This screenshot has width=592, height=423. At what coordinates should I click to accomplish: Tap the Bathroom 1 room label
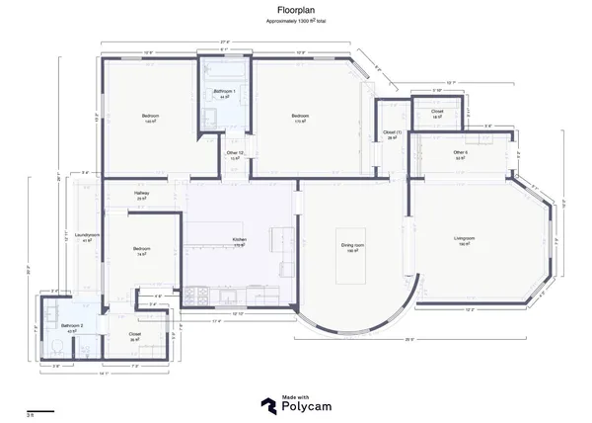pos(224,91)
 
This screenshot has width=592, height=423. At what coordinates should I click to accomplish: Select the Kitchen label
pos(239,240)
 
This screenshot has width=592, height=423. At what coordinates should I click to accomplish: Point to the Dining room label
pos(352,244)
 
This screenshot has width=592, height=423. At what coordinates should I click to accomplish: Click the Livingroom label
pos(465,239)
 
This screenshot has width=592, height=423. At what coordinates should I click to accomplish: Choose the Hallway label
pos(141,196)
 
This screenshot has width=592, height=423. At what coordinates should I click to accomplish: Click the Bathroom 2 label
pos(72,325)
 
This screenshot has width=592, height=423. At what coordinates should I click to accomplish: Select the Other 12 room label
pos(235,153)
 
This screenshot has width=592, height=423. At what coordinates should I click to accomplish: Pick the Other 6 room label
pos(461,152)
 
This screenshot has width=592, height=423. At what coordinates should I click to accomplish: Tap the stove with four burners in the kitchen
pos(195,294)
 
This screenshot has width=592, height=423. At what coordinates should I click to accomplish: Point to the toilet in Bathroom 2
pos(59,346)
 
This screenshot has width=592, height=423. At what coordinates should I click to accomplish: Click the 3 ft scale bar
pos(40,410)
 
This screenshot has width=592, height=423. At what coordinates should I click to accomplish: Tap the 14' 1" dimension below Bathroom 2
pos(103,374)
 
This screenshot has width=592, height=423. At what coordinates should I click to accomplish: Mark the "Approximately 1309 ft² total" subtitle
pos(296,21)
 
